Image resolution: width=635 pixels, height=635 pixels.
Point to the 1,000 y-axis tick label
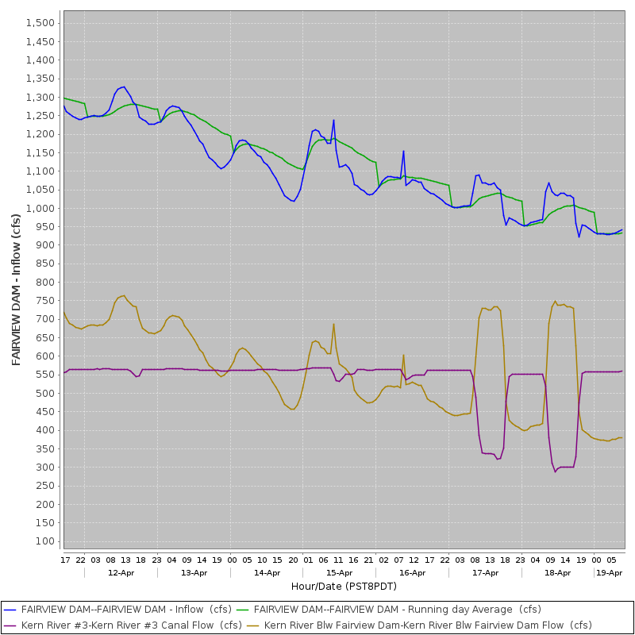coord(40,208)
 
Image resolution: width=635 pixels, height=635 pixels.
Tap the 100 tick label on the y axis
coord(45,541)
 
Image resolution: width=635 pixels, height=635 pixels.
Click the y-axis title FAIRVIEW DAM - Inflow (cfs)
coord(16,290)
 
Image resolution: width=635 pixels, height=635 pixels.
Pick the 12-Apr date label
coord(121,572)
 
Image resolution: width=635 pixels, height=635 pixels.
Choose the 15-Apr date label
coord(339,572)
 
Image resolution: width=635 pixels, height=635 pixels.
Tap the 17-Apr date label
coord(485,572)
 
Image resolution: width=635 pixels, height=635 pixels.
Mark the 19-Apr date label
coord(609,572)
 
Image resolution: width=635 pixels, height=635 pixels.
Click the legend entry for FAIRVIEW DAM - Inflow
coord(117,610)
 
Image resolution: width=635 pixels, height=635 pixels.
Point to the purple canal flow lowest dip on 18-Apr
coord(556,471)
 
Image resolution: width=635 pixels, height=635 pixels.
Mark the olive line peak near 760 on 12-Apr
coord(124,296)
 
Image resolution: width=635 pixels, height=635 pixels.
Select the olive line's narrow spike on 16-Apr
coord(404,355)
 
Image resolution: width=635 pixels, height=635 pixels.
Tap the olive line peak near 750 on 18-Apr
coord(556,301)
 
